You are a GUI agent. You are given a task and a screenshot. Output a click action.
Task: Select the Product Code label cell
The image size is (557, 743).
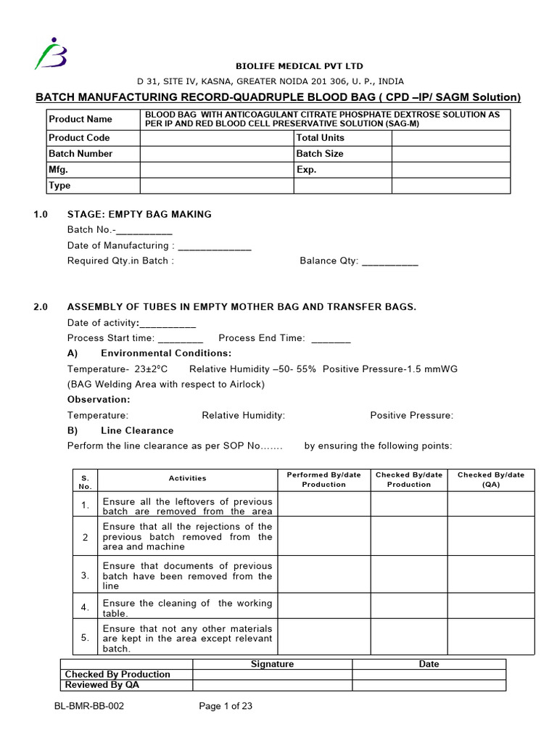coord(79,138)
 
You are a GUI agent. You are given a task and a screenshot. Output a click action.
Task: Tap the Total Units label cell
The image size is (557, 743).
coord(320,138)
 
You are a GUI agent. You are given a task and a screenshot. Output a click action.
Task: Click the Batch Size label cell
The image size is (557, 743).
coord(320,154)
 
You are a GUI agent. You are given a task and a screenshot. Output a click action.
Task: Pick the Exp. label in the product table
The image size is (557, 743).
coord(307,170)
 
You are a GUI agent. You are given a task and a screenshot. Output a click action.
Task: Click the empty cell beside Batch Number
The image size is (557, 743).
coord(216,154)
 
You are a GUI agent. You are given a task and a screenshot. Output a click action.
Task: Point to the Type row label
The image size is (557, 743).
coord(59,186)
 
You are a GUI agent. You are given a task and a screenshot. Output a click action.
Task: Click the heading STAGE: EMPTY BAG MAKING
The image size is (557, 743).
coord(139,214)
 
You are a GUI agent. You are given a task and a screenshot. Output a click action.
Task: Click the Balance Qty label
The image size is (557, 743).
coord(329,261)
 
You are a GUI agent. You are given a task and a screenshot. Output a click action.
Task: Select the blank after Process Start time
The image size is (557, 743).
coord(180,338)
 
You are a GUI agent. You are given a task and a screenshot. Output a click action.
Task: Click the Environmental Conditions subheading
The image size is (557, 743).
coord(166,353)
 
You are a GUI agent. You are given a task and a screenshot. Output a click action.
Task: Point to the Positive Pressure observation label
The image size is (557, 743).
coord(411,416)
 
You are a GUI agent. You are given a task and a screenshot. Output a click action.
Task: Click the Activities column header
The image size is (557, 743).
coord(187,479)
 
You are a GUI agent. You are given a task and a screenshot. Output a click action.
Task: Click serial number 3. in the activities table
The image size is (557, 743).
coord(85,575)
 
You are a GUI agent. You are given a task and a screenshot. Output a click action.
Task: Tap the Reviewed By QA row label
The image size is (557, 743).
coord(102,685)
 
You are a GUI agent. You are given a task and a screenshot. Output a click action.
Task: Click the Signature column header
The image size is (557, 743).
coord(272,664)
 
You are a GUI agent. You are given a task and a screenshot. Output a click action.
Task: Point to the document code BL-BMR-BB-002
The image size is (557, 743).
coord(88,706)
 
